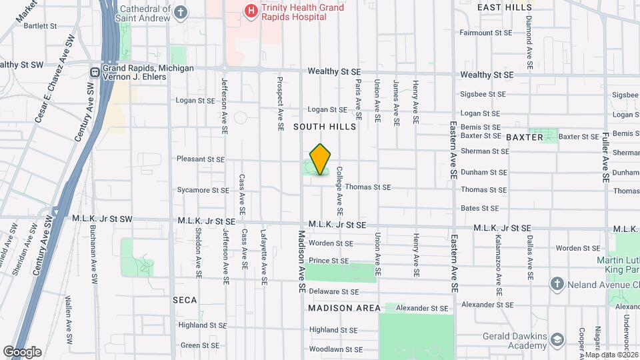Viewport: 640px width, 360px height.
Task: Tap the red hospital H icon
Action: (251, 11)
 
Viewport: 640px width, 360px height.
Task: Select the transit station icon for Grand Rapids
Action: (95, 71)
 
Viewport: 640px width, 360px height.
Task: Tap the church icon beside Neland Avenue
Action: (557, 285)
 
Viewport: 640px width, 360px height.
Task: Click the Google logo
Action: (22, 351)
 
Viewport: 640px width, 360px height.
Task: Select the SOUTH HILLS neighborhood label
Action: (325, 127)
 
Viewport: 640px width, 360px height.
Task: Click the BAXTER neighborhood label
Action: (525, 137)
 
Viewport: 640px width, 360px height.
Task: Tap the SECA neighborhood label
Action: (185, 300)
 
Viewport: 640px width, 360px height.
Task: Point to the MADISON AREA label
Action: (344, 308)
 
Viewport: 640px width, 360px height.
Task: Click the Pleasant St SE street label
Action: (203, 159)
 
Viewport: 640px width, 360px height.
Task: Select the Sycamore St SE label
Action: (203, 190)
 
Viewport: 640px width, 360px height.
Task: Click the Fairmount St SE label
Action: (486, 33)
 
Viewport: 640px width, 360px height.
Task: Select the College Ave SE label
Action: (339, 191)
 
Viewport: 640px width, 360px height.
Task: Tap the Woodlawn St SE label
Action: (335, 349)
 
